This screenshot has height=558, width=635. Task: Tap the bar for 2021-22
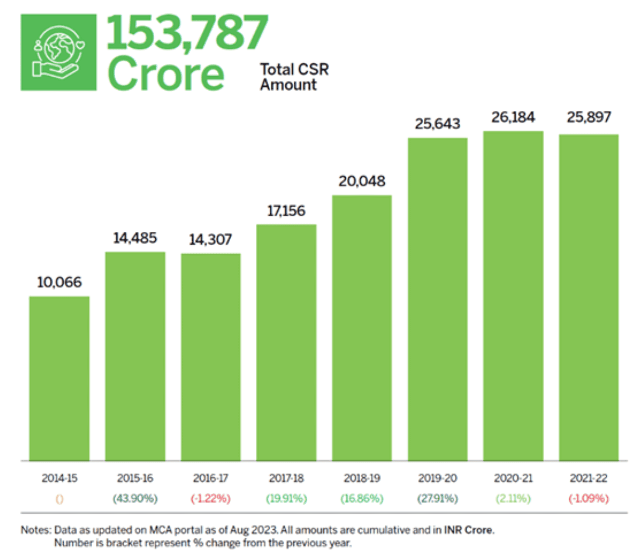tap(589, 297)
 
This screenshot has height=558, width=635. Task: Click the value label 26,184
tap(513, 118)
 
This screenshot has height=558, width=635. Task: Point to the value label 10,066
tap(59, 282)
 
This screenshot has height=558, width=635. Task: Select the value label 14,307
tap(210, 239)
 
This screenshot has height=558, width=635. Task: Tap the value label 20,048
tap(362, 181)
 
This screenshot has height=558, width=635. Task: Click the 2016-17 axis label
tap(210, 478)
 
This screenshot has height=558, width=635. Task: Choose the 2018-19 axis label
tap(362, 478)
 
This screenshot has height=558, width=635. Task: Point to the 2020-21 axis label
tap(513, 478)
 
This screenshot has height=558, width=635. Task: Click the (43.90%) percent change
tap(135, 498)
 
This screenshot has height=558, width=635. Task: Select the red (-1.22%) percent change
tap(210, 498)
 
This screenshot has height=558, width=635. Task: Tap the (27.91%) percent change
tap(438, 498)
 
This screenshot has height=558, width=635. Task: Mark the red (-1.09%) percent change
tap(589, 498)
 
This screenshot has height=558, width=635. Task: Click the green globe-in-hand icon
tap(59, 52)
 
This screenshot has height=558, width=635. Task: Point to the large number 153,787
tap(187, 32)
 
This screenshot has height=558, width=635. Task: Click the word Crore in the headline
tap(166, 74)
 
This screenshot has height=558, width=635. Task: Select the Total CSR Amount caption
tap(294, 77)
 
